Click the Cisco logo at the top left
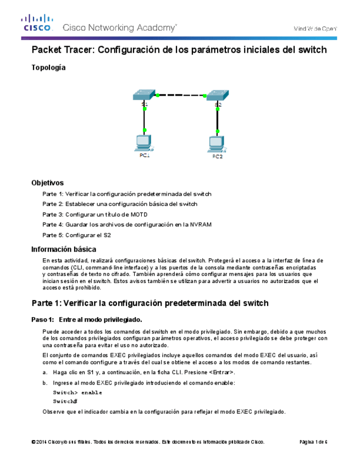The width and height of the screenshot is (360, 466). (x=37, y=24)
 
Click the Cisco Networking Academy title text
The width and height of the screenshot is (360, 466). (x=120, y=27)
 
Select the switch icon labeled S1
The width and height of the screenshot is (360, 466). (x=144, y=95)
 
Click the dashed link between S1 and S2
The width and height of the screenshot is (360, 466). (x=181, y=95)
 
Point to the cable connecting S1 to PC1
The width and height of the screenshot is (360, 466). (x=144, y=118)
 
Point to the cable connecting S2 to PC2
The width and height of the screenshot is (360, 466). (x=218, y=119)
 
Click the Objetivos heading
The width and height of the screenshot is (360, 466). (x=47, y=183)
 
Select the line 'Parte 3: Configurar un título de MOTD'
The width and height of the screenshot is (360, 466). (x=95, y=214)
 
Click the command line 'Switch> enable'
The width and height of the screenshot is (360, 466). (x=77, y=392)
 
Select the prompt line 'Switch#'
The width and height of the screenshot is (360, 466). (x=65, y=402)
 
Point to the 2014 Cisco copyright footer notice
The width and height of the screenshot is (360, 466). (x=148, y=442)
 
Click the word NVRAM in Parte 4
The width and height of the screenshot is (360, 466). (x=200, y=224)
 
